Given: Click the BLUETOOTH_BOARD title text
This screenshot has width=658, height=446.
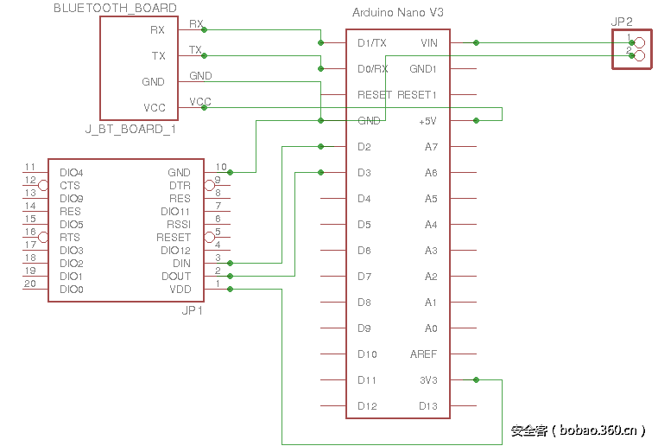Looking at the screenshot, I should click(115, 8).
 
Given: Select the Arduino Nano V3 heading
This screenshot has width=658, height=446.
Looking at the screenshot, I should click(398, 13).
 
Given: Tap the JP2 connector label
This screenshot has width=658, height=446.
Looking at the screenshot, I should click(622, 21).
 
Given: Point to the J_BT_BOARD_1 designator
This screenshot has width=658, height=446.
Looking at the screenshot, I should click(131, 129).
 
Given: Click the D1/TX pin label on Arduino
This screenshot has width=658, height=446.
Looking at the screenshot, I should click(372, 42).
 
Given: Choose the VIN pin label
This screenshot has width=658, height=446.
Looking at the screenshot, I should click(428, 42).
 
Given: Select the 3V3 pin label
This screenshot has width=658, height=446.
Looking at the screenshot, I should click(428, 379).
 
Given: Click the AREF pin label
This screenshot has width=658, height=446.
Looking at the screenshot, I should click(423, 354).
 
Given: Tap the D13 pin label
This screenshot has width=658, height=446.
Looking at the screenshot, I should click(427, 405).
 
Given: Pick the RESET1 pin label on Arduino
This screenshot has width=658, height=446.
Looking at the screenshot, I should click(417, 94).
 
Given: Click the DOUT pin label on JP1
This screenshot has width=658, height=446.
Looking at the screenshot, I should click(176, 277).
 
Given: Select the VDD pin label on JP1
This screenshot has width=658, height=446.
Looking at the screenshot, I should click(180, 290).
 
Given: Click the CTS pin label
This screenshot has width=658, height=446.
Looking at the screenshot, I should click(70, 186).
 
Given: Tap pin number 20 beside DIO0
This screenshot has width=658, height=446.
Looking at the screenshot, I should click(30, 284).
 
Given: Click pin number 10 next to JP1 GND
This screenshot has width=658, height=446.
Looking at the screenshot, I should click(221, 167).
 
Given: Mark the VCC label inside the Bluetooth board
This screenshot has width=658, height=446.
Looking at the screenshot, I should click(155, 108).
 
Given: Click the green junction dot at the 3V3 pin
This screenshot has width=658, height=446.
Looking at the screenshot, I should click(476, 379).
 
